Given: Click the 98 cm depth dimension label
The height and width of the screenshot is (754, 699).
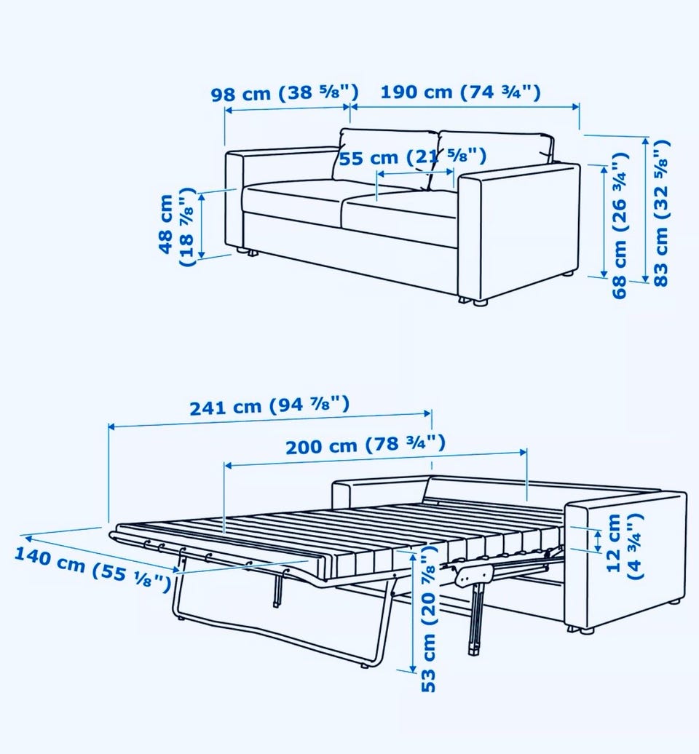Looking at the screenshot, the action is (x=285, y=92).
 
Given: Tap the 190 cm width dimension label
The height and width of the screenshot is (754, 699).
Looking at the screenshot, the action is (x=461, y=92).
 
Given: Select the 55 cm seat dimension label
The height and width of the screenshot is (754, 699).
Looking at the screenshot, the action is (x=413, y=156).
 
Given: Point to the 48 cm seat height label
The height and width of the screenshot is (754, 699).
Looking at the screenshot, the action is (x=176, y=226).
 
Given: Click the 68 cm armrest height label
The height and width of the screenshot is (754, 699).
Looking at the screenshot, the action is (x=620, y=225).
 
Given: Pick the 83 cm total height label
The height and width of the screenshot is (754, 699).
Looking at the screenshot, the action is (x=661, y=213).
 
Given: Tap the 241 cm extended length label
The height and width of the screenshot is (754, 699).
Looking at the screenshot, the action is (x=269, y=406).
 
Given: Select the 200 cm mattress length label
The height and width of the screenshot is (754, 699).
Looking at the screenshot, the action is (x=366, y=445).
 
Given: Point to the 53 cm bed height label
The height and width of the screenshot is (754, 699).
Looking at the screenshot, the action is (x=428, y=624).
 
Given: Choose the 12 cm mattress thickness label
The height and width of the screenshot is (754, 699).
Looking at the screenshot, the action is (x=625, y=546).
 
